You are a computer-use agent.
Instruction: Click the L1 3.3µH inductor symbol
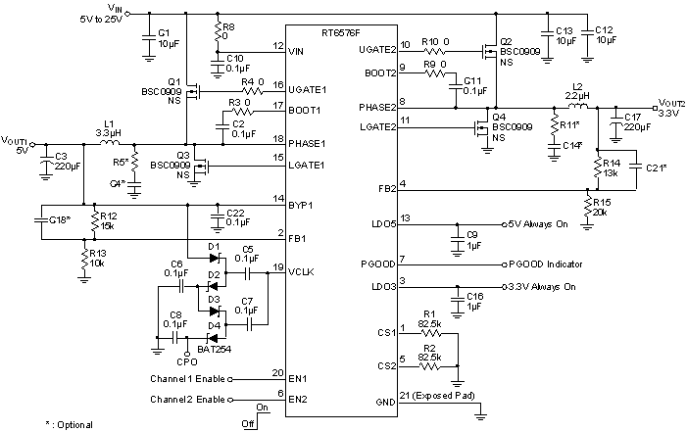[x=109, y=143]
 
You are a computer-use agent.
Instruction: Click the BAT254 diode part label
[x=213, y=348]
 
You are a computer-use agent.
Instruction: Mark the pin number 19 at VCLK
[x=278, y=266]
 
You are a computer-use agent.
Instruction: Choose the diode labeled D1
[x=214, y=258]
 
